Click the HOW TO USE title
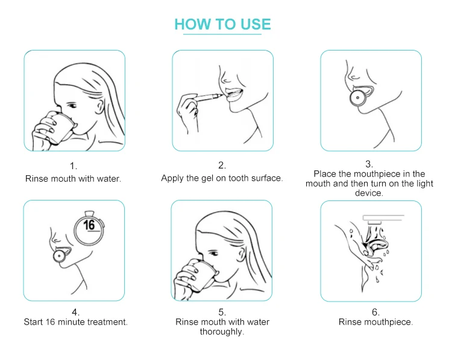[x=222, y=24]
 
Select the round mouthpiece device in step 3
[x=358, y=98]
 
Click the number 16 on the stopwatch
[x=89, y=225]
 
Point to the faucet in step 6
[x=383, y=219]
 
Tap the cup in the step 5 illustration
[x=203, y=275]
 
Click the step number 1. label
[x=74, y=166]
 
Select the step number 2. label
[x=222, y=166]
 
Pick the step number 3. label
[x=369, y=164]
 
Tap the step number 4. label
[x=75, y=312]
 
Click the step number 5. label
[x=222, y=312]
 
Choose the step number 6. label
[x=375, y=312]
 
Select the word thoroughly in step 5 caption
[x=222, y=332]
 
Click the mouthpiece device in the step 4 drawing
[x=60, y=256]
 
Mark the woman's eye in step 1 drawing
[x=73, y=106]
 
